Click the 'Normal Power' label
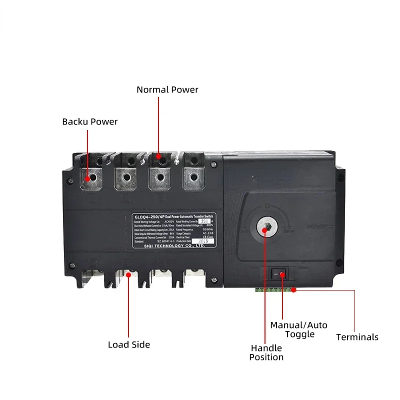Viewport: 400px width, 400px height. click(x=167, y=90)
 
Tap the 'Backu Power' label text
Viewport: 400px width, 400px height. click(x=90, y=121)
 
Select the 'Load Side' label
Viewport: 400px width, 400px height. click(x=129, y=344)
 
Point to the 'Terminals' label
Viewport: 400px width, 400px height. click(x=357, y=337)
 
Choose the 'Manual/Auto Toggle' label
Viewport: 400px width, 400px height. click(x=299, y=329)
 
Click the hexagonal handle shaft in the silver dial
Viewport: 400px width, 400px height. click(x=266, y=228)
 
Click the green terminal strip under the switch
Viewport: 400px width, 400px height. click(x=275, y=289)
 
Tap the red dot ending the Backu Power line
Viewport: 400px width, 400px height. click(x=88, y=178)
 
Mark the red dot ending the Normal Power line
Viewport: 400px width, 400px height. click(x=158, y=156)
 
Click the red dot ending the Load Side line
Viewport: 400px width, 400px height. click(x=129, y=275)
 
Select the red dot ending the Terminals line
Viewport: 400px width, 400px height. click(x=294, y=289)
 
